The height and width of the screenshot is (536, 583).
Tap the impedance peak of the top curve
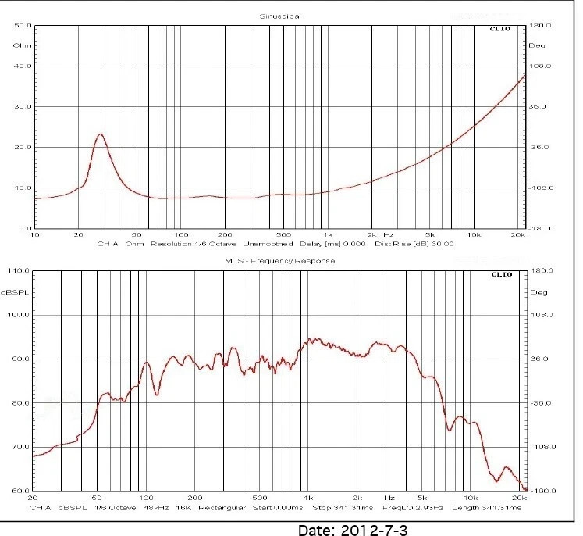click(100, 134)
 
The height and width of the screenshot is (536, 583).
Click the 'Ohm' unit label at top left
click(20, 45)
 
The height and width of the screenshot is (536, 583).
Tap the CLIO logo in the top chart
click(500, 30)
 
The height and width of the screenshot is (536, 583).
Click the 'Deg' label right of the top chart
click(537, 45)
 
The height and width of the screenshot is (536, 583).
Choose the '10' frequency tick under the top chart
click(34, 234)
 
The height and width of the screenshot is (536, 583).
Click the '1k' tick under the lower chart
click(309, 497)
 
